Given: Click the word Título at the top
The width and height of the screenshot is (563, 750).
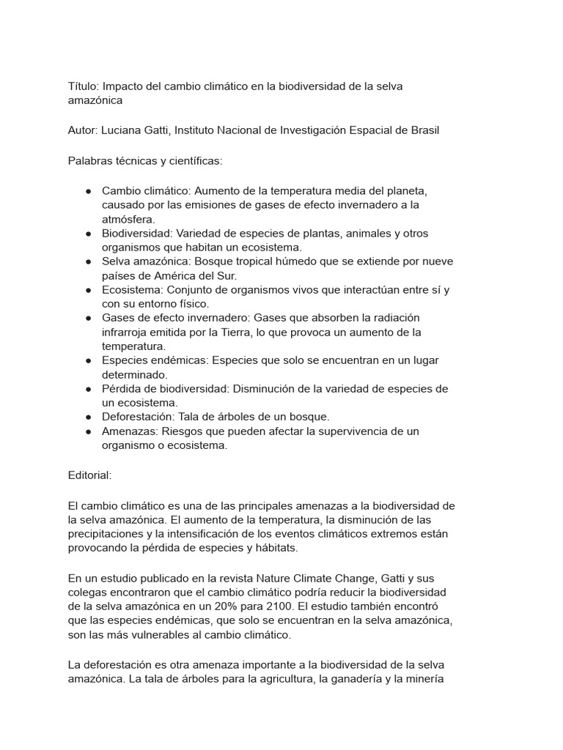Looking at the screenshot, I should (x=82, y=86).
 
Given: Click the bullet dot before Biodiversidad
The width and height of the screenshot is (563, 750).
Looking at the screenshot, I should (x=88, y=234).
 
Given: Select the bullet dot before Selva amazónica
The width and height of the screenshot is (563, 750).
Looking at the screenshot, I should (x=88, y=261).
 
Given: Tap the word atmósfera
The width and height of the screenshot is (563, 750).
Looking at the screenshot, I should (x=128, y=219).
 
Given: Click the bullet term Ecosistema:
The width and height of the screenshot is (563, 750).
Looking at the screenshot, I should (x=132, y=290).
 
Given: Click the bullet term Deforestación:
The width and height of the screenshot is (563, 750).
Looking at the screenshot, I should (x=139, y=417).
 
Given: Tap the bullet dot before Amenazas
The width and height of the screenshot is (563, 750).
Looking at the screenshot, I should (x=88, y=431).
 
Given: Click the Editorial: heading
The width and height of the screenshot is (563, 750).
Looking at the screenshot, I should (x=89, y=475).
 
